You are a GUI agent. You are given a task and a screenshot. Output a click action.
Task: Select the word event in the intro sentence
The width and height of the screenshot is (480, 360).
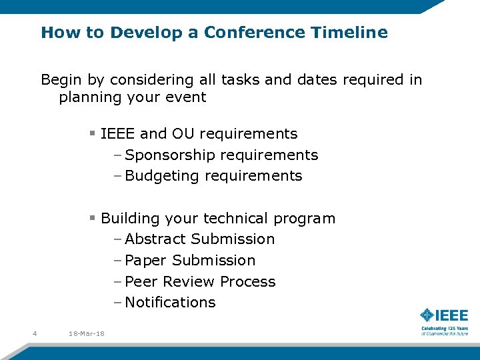point(188,97)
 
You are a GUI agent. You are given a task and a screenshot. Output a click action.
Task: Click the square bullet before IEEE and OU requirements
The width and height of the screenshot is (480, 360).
point(93,133)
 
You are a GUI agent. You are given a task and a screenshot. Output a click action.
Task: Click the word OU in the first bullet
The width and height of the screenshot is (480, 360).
point(183,134)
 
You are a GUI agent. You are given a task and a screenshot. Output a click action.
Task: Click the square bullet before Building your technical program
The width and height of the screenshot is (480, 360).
point(93,218)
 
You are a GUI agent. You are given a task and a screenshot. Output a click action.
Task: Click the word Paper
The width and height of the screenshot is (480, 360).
point(145,261)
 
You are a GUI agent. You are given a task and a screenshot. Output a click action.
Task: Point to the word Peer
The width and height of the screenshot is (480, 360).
point(141,282)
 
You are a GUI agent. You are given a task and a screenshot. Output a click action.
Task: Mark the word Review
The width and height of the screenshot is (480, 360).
point(189,282)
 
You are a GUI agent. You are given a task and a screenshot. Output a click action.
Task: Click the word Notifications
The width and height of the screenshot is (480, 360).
point(170,303)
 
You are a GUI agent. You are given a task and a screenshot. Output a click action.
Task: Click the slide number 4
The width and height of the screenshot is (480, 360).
point(34,333)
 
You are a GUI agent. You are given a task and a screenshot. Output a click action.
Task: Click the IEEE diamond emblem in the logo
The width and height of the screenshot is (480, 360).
point(426,315)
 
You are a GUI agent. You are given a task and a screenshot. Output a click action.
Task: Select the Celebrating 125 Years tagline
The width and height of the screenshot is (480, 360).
point(444,329)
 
